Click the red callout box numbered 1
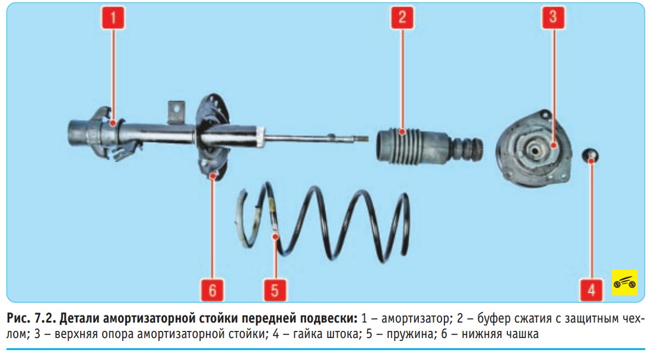[x=113, y=18]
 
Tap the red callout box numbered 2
[x=402, y=18]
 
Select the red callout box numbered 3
[x=553, y=18]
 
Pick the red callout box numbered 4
[x=591, y=290]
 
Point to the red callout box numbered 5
[x=275, y=290]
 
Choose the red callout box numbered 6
[x=212, y=290]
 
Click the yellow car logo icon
[x=624, y=283]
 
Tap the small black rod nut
[x=590, y=156]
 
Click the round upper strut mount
[x=534, y=150]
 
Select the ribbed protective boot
[x=430, y=147]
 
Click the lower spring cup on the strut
[x=213, y=137]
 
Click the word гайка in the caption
[x=307, y=333]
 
